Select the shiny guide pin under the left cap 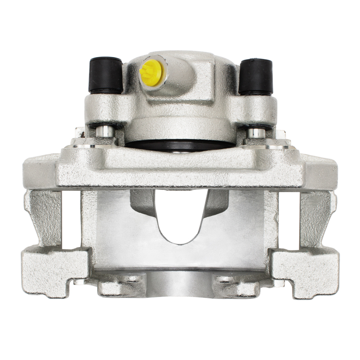(x=105, y=131)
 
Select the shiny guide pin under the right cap (x=256, y=132)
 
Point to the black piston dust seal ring (x=180, y=145)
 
